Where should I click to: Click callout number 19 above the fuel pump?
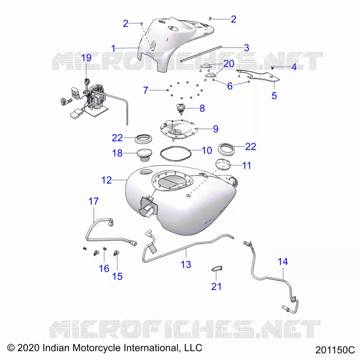click(x=86, y=58)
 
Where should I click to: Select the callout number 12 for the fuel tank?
click(x=107, y=180)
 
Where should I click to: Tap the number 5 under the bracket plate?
click(x=274, y=96)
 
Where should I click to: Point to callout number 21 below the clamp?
click(x=216, y=286)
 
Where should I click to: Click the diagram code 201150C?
click(x=335, y=350)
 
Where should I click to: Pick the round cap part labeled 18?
click(x=144, y=155)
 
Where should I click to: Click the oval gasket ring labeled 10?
click(x=175, y=153)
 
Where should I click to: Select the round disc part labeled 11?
click(x=223, y=165)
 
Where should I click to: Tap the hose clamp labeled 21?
click(x=217, y=268)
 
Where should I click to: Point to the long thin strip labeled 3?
click(x=201, y=54)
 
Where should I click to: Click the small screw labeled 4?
click(x=273, y=67)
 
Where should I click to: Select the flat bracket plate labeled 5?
click(x=258, y=76)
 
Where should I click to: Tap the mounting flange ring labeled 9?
click(x=178, y=129)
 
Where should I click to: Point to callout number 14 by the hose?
click(x=283, y=261)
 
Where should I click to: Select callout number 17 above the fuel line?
click(x=94, y=201)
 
